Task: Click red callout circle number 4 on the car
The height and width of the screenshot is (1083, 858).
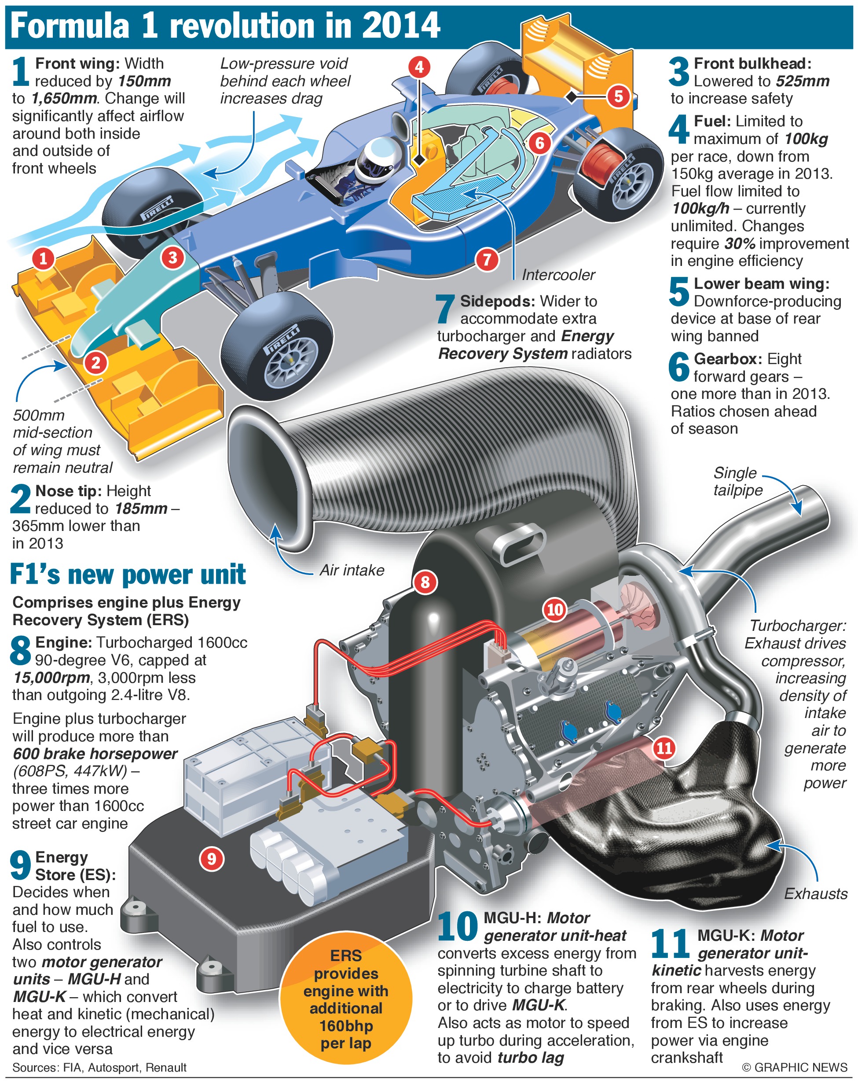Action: click(419, 67)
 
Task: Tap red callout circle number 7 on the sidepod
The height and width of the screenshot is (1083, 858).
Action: click(487, 260)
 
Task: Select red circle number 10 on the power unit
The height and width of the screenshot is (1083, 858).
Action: click(555, 609)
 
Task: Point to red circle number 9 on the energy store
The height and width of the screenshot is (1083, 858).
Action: click(211, 858)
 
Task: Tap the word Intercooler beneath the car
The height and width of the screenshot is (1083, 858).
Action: click(558, 275)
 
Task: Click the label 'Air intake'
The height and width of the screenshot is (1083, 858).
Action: click(352, 570)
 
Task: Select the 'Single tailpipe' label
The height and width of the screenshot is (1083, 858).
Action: click(737, 481)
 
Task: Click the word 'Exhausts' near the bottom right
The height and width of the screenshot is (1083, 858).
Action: click(815, 894)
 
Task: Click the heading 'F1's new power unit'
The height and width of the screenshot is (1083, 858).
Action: click(128, 575)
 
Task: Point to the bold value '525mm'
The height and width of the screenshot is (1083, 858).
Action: click(802, 81)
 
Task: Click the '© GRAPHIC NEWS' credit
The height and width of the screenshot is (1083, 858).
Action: click(794, 1067)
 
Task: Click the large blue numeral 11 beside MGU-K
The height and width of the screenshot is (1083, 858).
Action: click(670, 943)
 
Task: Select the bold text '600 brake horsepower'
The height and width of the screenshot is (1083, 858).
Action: click(95, 754)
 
